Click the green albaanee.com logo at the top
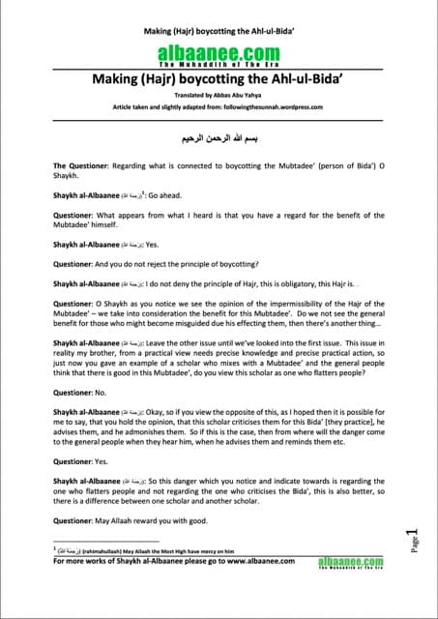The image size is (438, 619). pos(219,54)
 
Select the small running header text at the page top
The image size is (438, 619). pos(219,32)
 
